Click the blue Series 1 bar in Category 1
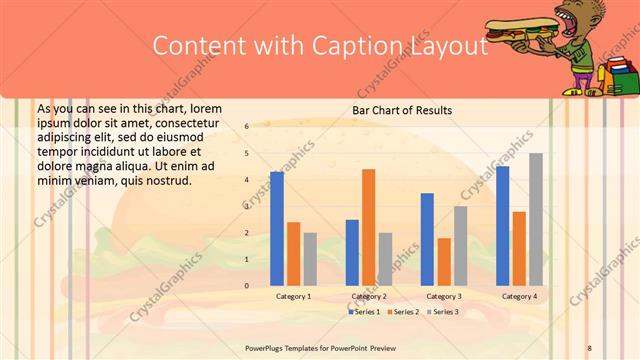click(277, 229)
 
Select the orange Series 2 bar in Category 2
click(369, 228)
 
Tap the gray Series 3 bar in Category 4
click(536, 220)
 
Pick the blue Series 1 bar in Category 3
click(427, 240)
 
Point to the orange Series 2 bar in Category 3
click(444, 262)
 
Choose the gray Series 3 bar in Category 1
click(310, 259)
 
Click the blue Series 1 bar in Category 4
click(502, 226)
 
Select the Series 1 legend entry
click(363, 312)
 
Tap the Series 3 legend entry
click(443, 312)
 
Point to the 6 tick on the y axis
click(246, 127)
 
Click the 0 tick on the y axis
click(246, 286)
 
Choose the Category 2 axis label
click(369, 297)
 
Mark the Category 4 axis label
click(519, 297)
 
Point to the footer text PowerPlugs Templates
click(286, 348)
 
